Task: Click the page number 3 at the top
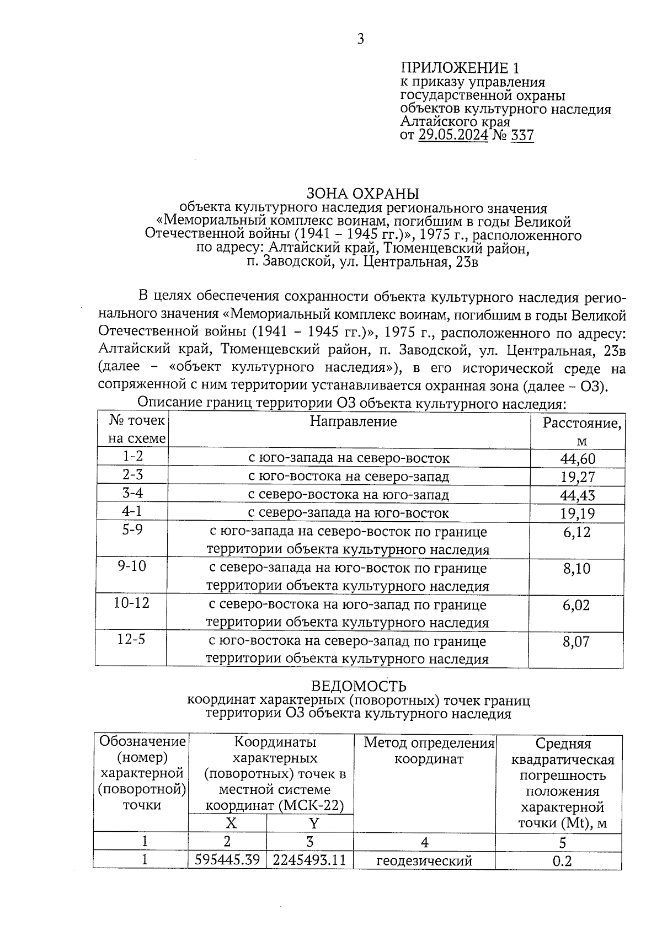[360, 39]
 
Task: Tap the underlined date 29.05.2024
[453, 135]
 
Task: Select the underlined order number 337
[522, 135]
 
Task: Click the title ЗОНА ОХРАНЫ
[363, 194]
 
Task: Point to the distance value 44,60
[577, 458]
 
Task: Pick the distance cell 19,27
[577, 477]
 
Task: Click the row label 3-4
[132, 493]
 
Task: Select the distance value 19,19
[577, 514]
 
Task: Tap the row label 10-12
[132, 603]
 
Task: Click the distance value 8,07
[576, 641]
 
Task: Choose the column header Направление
[353, 422]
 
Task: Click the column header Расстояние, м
[581, 431]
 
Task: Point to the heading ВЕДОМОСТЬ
[359, 686]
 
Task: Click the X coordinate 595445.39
[227, 860]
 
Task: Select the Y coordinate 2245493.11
[309, 860]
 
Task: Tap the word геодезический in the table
[424, 860]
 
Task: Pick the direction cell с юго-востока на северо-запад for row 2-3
[349, 477]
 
